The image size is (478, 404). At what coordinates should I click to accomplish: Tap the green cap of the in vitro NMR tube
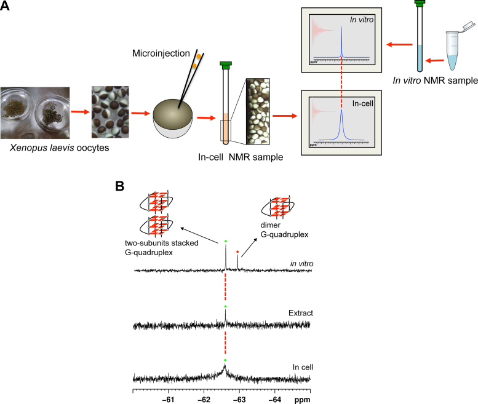(419, 4)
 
